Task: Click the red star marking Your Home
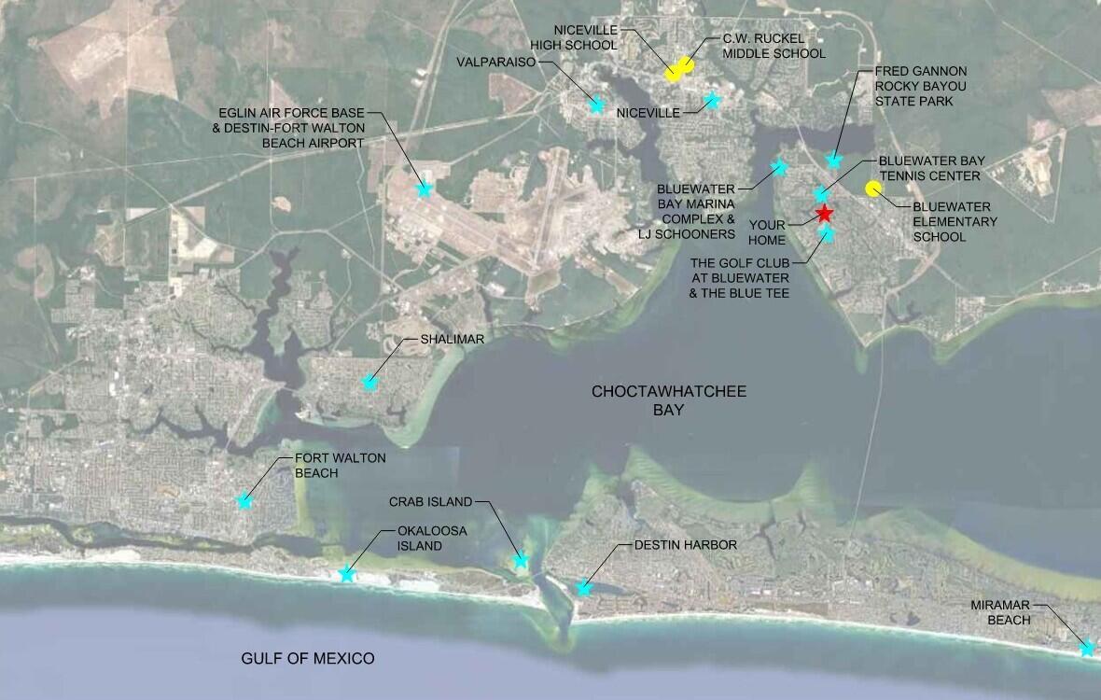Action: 824,214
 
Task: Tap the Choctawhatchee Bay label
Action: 669,400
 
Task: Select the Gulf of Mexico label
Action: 308,659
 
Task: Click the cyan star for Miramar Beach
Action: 1087,648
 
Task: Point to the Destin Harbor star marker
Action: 584,588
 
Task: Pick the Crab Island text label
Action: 430,502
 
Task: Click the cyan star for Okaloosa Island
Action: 347,574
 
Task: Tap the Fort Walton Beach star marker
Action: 244,501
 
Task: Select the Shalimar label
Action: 453,340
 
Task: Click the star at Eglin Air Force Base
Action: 425,189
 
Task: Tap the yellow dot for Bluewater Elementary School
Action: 873,189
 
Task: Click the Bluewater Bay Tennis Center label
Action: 931,168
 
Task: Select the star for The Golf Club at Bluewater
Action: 827,233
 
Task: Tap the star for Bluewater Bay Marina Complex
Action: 780,168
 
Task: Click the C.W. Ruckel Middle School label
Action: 774,46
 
